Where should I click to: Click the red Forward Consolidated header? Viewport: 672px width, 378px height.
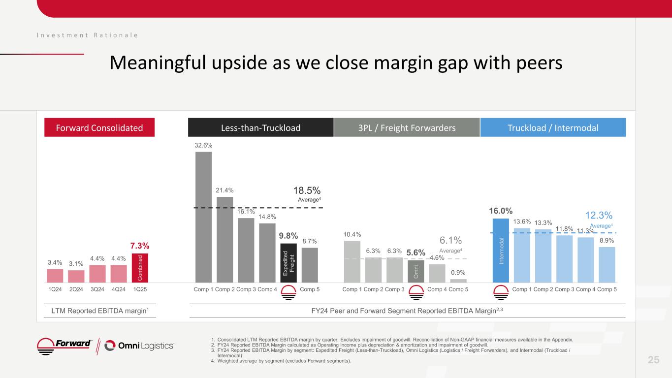(100, 128)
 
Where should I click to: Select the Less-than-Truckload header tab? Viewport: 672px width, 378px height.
(261, 128)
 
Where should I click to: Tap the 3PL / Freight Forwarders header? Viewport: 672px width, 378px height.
(407, 128)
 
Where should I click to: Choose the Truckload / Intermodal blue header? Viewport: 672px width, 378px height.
(553, 128)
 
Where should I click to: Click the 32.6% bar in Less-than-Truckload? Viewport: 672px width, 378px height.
(203, 217)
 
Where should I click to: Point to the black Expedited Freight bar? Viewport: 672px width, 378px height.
(288, 263)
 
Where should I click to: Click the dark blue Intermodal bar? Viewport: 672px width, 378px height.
(501, 251)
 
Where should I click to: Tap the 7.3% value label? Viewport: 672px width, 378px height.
(140, 246)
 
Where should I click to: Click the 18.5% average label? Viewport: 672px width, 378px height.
(307, 190)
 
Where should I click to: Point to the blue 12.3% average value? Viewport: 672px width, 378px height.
(599, 216)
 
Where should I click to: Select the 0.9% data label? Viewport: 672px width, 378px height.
(458, 272)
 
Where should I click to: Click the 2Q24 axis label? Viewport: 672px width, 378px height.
(76, 289)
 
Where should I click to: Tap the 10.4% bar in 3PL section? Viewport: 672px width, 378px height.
(352, 261)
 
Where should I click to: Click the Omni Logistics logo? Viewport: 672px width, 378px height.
(140, 346)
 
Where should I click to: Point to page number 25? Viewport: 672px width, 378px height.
(653, 360)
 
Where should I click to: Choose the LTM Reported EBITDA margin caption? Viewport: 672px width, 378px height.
(96, 311)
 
